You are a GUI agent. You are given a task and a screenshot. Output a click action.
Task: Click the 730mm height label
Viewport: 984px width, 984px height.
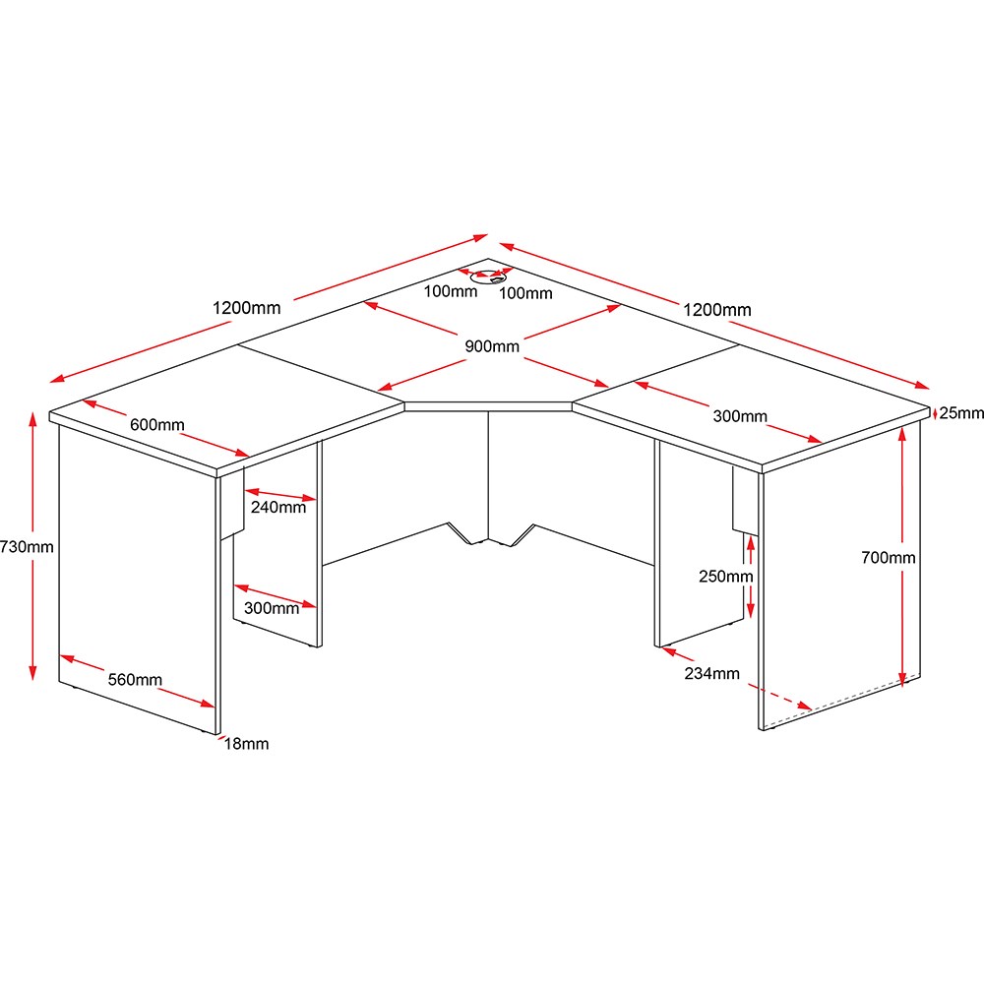pyautogui.click(x=27, y=546)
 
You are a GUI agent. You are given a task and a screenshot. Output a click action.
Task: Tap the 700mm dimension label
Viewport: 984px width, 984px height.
pyautogui.click(x=888, y=557)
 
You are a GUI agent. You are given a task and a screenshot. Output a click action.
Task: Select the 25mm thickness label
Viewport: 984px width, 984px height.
pyautogui.click(x=961, y=413)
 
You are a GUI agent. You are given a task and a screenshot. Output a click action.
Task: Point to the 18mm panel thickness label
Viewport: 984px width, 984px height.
pyautogui.click(x=247, y=744)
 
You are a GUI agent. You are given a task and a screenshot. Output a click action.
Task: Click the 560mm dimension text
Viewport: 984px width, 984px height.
pyautogui.click(x=135, y=680)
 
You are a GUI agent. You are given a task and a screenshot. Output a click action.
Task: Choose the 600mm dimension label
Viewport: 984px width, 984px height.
pyautogui.click(x=156, y=425)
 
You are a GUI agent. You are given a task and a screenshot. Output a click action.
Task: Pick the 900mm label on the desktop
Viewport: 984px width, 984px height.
pyautogui.click(x=492, y=346)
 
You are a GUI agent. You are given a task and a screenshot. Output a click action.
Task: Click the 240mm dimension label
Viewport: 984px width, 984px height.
pyautogui.click(x=278, y=507)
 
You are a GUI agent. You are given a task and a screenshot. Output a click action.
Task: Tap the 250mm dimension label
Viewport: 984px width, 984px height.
pyautogui.click(x=726, y=576)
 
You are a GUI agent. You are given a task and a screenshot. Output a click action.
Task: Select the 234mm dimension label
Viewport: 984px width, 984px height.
pyautogui.click(x=711, y=673)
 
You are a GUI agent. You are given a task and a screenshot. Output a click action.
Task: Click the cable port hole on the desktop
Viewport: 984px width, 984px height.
pyautogui.click(x=488, y=277)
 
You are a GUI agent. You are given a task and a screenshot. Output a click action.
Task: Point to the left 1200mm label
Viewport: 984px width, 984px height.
pyautogui.click(x=246, y=308)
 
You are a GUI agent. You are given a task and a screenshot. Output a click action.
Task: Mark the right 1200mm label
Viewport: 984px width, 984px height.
pyautogui.click(x=716, y=310)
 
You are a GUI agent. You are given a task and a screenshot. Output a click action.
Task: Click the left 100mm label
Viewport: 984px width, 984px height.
pyautogui.click(x=450, y=291)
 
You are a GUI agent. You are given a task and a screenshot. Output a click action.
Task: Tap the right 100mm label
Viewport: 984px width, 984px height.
pyautogui.click(x=525, y=293)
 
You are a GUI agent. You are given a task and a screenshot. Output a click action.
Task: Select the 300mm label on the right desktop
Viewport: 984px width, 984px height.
pyautogui.click(x=740, y=416)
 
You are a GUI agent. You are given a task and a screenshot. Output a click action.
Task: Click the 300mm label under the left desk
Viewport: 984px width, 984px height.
pyautogui.click(x=272, y=608)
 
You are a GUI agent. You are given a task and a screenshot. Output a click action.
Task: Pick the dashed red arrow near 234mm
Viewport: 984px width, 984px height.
pyautogui.click(x=780, y=697)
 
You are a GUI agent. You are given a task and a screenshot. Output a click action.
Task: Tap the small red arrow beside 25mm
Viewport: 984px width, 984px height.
pyautogui.click(x=935, y=413)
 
